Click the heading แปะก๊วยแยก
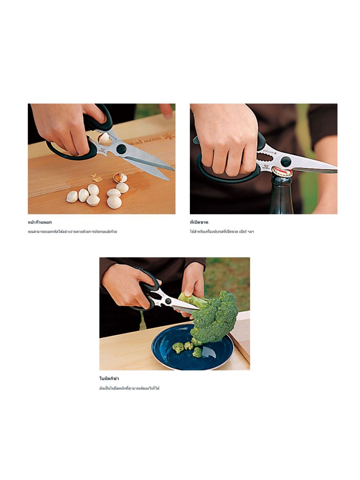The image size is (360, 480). tap(40, 222)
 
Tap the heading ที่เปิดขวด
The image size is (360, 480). tap(199, 222)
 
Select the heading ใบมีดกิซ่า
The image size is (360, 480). tap(109, 378)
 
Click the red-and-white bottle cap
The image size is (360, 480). tap(282, 172)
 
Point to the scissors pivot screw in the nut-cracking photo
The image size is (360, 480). tap(121, 149)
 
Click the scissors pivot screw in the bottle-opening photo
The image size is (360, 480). tap(286, 162)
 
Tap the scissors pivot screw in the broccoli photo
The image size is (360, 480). tap(168, 301)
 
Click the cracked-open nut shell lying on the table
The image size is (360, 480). tap(120, 178)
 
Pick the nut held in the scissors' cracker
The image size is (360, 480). tap(104, 138)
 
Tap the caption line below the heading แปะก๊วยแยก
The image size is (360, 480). tap(72, 231)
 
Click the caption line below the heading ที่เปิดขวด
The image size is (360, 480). tap(222, 231)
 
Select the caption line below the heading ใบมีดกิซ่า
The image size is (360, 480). tap(129, 388)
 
